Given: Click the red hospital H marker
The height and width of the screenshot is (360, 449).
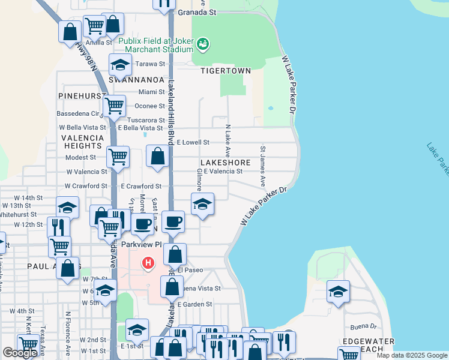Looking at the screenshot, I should (x=148, y=263).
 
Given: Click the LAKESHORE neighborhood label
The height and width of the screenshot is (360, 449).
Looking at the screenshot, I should (x=225, y=163).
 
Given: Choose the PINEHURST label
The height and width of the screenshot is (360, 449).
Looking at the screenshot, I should (x=82, y=96).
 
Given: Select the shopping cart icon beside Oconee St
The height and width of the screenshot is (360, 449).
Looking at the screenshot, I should (x=115, y=106).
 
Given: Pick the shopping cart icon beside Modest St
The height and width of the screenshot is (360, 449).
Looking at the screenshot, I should (x=118, y=157).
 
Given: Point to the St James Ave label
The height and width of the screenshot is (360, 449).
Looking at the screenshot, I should (x=263, y=164).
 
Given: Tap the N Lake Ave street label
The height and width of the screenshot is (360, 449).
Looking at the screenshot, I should (x=228, y=141).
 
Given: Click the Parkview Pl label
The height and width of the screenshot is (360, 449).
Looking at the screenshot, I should (x=142, y=244).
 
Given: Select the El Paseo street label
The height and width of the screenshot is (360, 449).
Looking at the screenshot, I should (x=190, y=270).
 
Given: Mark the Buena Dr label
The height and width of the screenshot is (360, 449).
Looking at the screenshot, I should (x=364, y=327).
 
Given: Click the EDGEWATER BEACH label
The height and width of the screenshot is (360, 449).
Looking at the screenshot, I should (x=367, y=345).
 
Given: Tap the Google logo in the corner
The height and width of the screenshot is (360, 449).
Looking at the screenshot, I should (x=20, y=353).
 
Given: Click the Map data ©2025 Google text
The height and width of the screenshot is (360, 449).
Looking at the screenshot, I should (x=412, y=355).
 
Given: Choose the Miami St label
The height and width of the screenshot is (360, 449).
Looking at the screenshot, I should (x=151, y=92).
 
